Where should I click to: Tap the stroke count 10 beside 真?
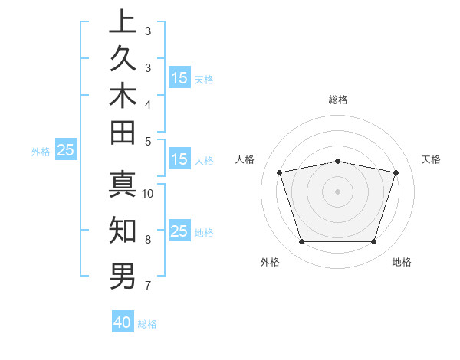pyautogui.click(x=148, y=194)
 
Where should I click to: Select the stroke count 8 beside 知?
pyautogui.click(x=148, y=240)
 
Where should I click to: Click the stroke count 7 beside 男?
pyautogui.click(x=148, y=286)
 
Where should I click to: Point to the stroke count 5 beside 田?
pyautogui.click(x=148, y=141)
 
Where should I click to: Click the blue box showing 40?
pyautogui.click(x=123, y=322)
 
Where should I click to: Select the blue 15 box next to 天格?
pyautogui.click(x=179, y=77)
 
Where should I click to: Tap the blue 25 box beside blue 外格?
pyautogui.click(x=65, y=150)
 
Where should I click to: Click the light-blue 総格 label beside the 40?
pyautogui.click(x=147, y=324)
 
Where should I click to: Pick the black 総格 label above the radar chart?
pyautogui.click(x=337, y=100)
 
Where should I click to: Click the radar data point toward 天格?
pyautogui.click(x=396, y=172)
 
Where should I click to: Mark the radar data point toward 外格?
pyautogui.click(x=301, y=242)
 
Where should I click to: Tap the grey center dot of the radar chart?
pyautogui.click(x=337, y=191)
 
